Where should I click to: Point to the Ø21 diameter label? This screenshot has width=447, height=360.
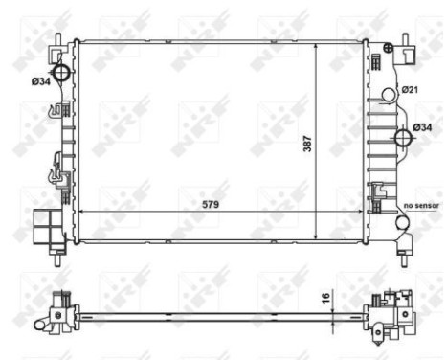click(411, 89)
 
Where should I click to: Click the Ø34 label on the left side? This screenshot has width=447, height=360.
click(40, 80)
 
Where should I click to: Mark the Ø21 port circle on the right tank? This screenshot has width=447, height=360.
click(389, 94)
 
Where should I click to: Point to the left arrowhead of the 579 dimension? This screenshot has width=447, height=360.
click(79, 211)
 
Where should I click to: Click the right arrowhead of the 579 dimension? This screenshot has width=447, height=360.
click(364, 211)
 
